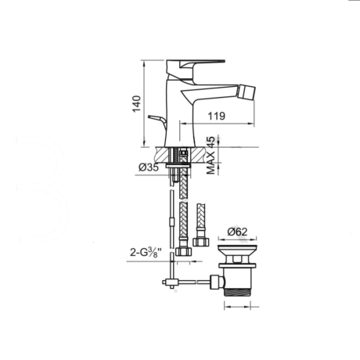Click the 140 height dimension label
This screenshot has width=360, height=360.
tap(137, 103)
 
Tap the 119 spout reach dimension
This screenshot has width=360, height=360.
tap(216, 116)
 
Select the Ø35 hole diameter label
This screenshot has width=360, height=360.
tap(149, 167)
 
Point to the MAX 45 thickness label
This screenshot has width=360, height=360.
tap(211, 155)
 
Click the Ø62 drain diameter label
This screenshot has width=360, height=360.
tap(237, 232)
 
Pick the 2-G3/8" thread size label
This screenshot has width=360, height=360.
tap(146, 253)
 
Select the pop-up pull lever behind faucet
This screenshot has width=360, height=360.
tap(157, 121)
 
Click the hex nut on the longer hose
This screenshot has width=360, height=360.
tap(184, 251)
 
